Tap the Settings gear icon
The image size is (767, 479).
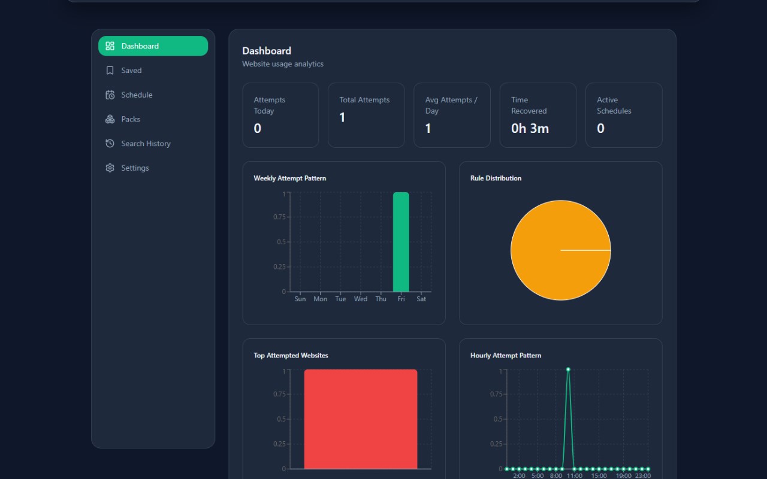point(110,168)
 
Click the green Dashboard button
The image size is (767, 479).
point(153,46)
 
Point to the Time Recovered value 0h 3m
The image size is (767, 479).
point(530,129)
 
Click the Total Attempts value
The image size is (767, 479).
point(342,118)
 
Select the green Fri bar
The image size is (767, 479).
point(401,242)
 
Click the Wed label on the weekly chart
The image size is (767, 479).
point(361,299)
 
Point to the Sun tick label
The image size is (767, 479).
point(300,299)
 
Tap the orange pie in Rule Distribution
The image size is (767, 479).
point(560,250)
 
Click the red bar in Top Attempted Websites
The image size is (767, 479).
point(361,419)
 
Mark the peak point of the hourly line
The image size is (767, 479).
point(568,369)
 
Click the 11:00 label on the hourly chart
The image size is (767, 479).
point(574,476)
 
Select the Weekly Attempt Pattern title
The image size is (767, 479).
point(289,178)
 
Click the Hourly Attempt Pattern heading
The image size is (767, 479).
point(506,356)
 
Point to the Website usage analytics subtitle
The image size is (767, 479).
point(282,64)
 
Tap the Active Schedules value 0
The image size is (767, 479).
point(600,129)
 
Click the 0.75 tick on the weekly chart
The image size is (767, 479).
point(279,217)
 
